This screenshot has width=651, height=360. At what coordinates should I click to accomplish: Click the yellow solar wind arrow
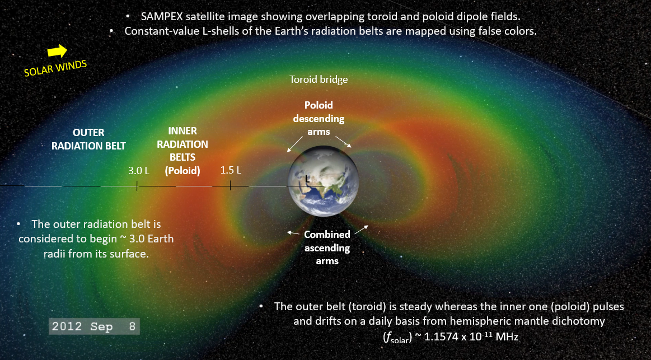click(57, 51)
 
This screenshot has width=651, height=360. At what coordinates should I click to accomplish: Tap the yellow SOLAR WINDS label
click(55, 68)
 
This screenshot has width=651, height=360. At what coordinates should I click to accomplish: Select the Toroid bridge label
click(319, 80)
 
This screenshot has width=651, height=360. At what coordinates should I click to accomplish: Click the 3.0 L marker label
click(138, 171)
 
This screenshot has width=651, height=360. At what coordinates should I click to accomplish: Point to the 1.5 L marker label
click(231, 170)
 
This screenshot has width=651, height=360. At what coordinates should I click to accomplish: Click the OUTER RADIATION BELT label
click(88, 139)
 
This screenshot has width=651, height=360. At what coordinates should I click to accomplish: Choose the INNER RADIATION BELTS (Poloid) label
click(182, 151)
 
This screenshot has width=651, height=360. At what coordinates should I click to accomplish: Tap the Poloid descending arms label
click(319, 118)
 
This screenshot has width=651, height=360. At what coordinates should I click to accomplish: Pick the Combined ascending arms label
click(327, 247)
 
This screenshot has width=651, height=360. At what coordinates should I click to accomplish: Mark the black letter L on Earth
click(307, 179)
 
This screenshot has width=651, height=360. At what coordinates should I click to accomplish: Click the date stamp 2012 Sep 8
click(93, 326)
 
